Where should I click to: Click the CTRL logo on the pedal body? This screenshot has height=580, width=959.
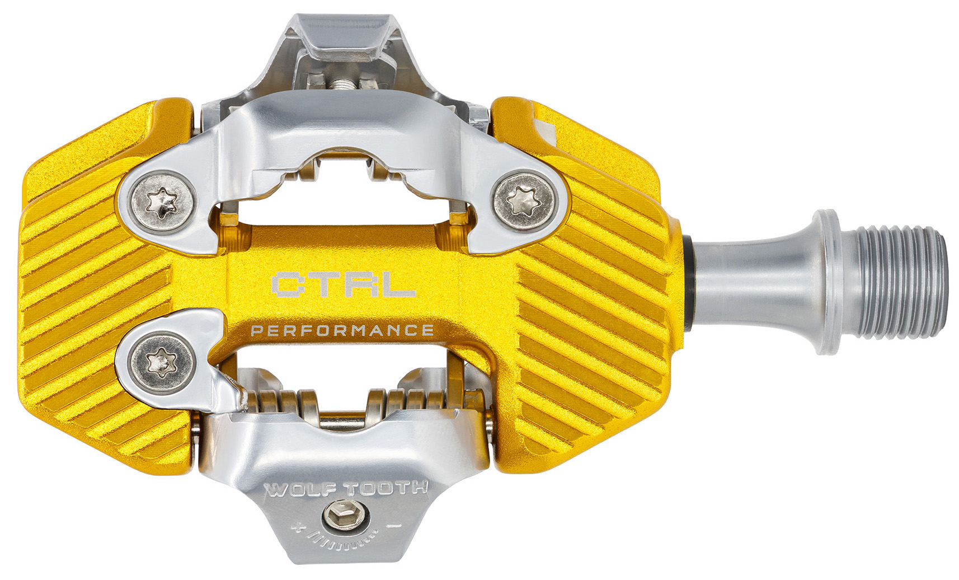point(344,284)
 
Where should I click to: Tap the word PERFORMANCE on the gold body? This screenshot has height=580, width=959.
point(342,331)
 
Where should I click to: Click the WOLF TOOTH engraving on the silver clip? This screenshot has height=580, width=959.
point(346,488)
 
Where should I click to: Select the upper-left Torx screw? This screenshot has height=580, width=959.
point(161,202)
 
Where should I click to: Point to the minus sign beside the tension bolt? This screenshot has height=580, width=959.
point(394,525)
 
